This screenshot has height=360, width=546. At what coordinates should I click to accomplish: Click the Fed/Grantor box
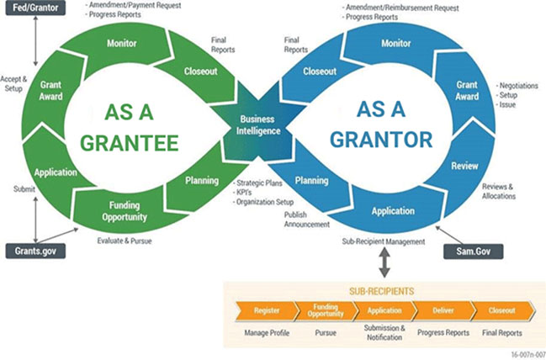[35, 8]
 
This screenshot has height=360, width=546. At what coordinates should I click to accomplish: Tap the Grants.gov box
[35, 251]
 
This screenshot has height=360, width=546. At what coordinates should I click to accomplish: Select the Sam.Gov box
[473, 251]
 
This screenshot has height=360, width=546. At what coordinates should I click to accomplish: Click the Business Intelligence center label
[257, 125]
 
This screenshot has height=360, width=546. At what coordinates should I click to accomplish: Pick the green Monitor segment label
[121, 43]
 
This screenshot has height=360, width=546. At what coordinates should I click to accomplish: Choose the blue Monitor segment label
[396, 43]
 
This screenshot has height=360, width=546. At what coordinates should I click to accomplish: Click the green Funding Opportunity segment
[124, 211]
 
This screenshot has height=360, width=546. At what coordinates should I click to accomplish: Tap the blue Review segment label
[465, 166]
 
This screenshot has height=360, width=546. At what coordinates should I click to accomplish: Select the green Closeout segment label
[200, 71]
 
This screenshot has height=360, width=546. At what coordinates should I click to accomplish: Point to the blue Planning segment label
[311, 180]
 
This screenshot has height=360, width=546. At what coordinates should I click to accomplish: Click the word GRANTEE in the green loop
[130, 143]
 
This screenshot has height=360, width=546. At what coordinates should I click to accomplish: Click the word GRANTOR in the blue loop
[381, 140]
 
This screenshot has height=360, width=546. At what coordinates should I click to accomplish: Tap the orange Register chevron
[267, 310]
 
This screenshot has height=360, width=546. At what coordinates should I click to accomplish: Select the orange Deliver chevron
[443, 310]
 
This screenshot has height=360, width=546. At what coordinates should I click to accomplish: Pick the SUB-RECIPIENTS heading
[382, 291]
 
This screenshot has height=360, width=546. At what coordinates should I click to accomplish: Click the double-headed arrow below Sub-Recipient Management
[384, 263]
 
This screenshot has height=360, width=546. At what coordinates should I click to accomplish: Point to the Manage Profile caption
[267, 333]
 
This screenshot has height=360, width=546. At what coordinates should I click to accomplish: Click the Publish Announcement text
[306, 220]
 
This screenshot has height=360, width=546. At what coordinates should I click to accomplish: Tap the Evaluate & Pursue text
[125, 241]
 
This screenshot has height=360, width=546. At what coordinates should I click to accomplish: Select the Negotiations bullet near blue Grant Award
[517, 86]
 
